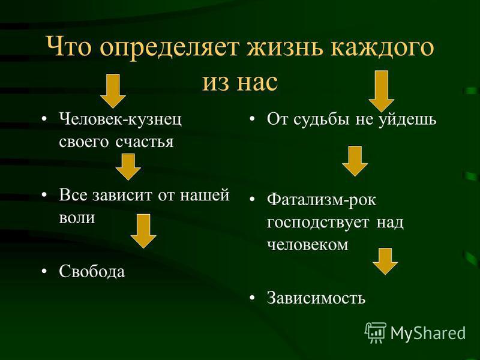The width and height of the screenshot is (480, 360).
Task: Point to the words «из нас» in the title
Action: click(x=240, y=81)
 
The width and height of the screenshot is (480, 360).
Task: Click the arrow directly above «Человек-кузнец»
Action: click(x=112, y=90)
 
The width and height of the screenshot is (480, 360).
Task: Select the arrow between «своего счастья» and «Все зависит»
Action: click(x=128, y=166)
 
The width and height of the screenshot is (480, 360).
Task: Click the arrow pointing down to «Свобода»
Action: click(x=143, y=231)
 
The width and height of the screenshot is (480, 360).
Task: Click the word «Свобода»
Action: click(x=92, y=271)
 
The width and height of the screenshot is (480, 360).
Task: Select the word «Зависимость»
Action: click(x=316, y=298)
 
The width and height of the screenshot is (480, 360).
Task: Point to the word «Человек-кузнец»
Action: click(x=121, y=118)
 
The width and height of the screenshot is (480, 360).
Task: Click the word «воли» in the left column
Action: click(x=77, y=217)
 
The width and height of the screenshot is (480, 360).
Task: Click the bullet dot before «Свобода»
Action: click(x=46, y=271)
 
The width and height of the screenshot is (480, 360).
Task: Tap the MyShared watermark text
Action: click(x=428, y=332)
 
